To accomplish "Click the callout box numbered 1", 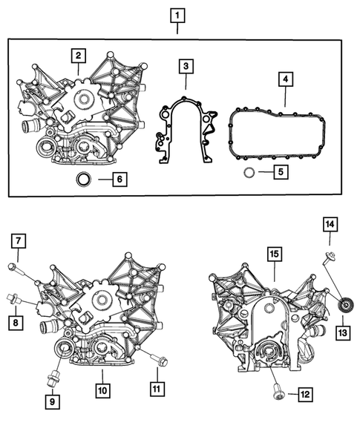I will pos(177,14).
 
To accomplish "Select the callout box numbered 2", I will pos(78,55).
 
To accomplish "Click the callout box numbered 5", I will pos(279,173).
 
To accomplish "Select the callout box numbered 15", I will pos(273,254).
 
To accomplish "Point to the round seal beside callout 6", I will pos(84,180).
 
